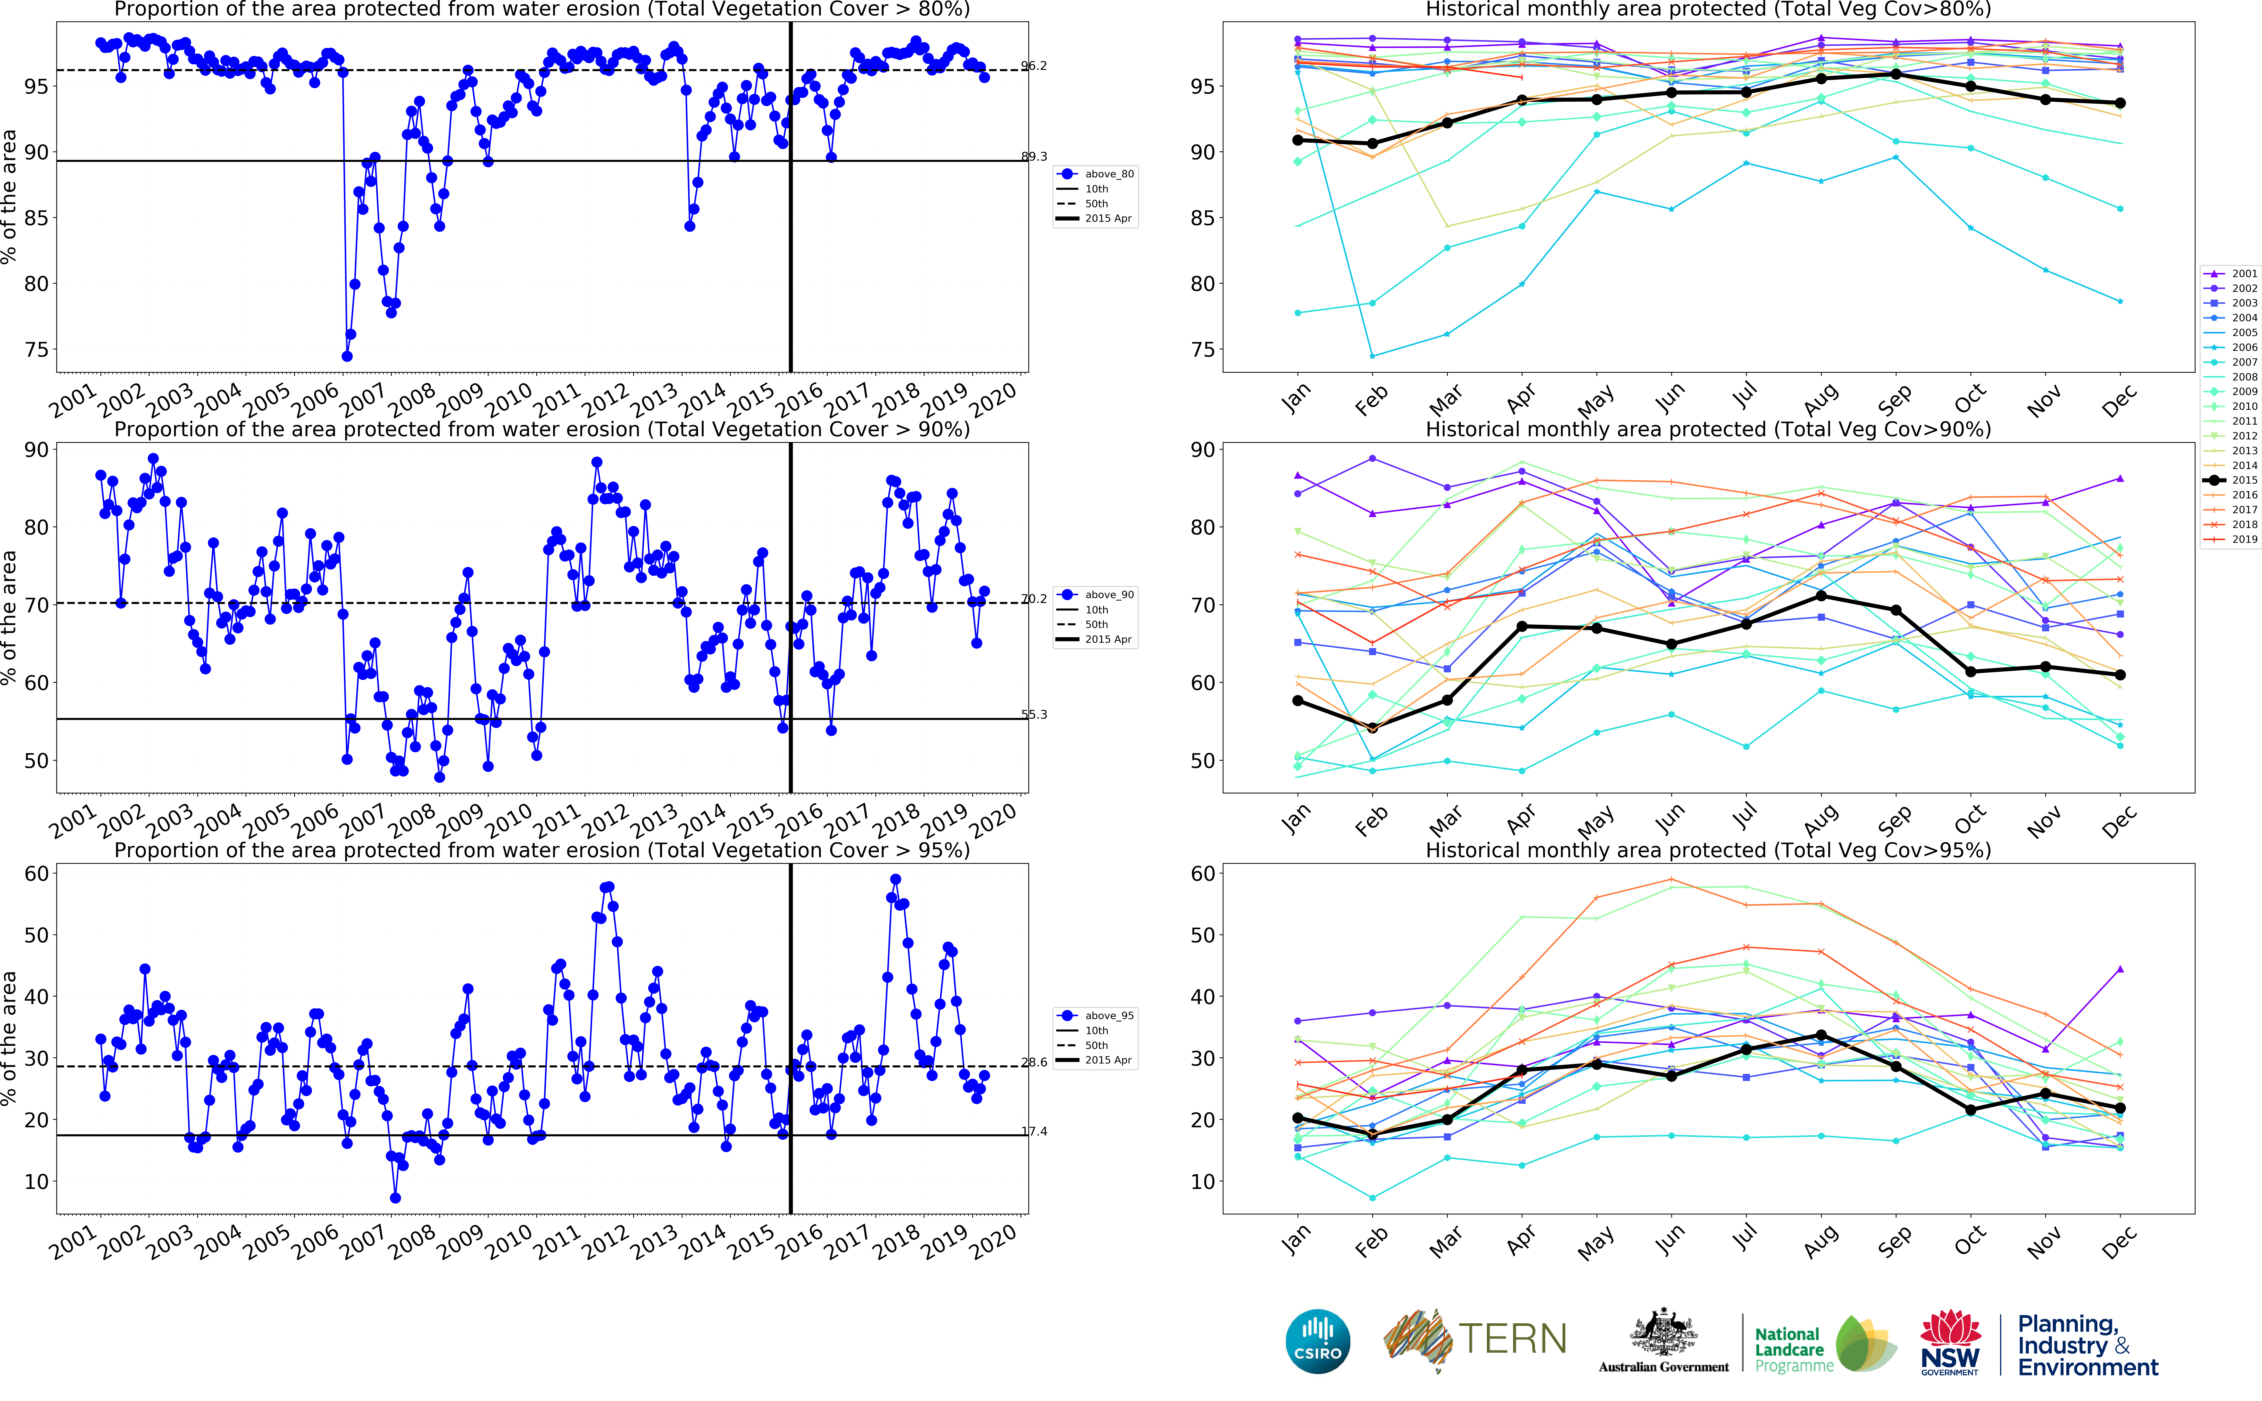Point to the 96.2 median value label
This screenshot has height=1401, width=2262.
coord(1034,66)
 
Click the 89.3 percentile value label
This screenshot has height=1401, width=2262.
coord(1034,157)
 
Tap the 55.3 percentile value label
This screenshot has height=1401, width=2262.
coord(1034,714)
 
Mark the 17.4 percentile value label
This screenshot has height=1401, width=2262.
coord(1034,1131)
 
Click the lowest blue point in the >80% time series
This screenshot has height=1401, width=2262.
coord(347,356)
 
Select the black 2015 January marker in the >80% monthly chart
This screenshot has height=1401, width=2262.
coord(1297,140)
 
